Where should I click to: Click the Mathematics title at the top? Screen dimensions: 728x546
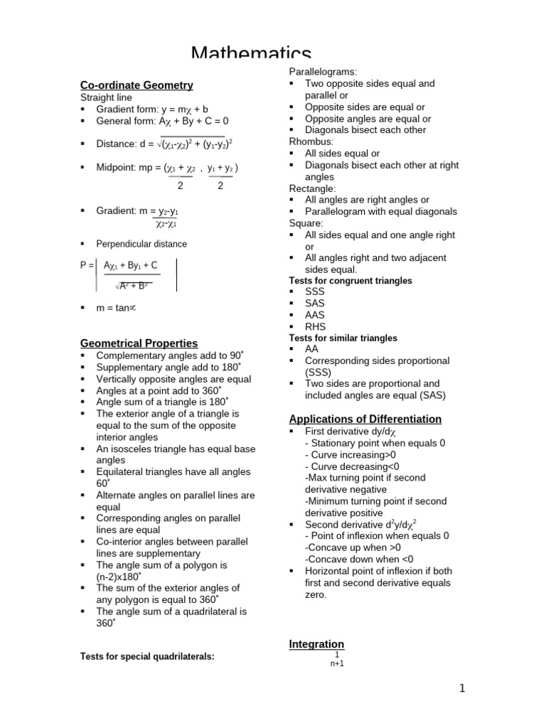[x=251, y=55]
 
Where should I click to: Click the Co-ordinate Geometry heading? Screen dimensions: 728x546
[x=136, y=85]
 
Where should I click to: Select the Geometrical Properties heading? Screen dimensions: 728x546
[x=139, y=343]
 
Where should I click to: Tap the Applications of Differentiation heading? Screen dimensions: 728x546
[x=365, y=419]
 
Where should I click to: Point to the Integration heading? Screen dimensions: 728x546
[x=316, y=644]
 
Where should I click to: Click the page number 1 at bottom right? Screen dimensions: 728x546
[x=461, y=687]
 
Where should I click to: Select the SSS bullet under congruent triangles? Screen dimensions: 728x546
[x=315, y=292]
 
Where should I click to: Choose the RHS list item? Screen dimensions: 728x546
[x=316, y=327]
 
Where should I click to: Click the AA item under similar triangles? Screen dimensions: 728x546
[x=312, y=349]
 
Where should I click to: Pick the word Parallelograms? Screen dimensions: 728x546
[x=323, y=72]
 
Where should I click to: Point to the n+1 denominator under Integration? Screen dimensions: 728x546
[x=337, y=664]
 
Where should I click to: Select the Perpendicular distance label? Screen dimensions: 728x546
[x=141, y=244]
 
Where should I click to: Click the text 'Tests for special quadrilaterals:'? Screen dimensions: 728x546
[x=147, y=656]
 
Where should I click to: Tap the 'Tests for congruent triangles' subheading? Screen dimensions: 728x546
[x=350, y=281]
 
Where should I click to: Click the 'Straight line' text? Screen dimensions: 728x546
[x=106, y=97]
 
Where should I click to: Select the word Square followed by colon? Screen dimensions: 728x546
[x=306, y=223]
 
